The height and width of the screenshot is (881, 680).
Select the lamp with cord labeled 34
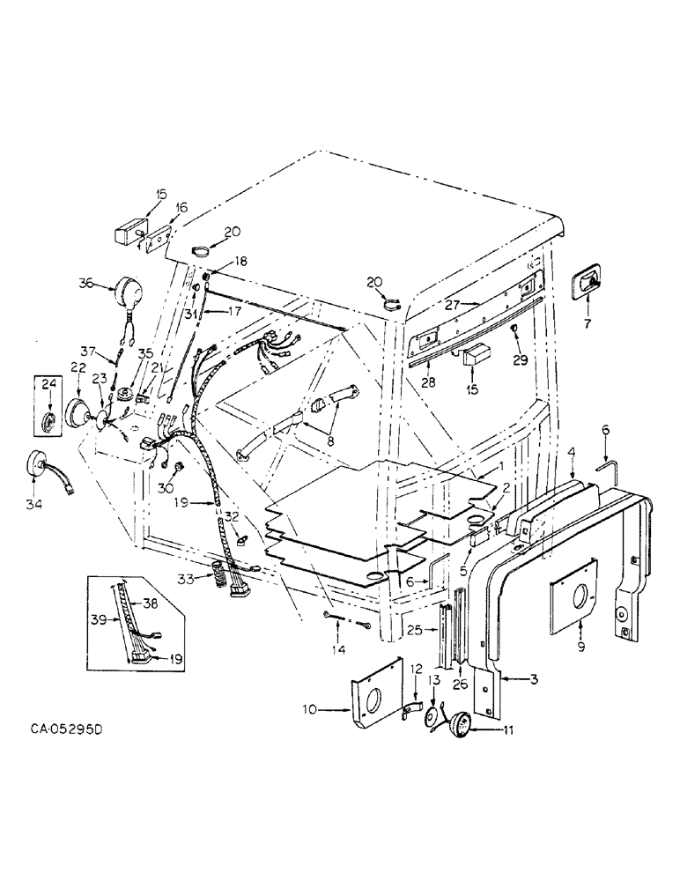coord(38,464)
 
